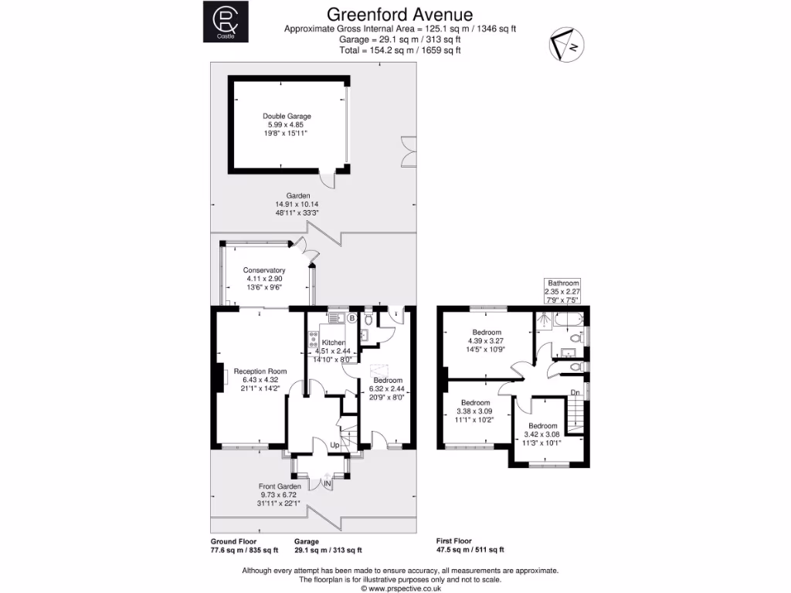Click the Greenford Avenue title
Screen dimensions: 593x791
coord(399,14)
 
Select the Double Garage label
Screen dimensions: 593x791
coord(287,116)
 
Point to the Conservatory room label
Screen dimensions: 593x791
coord(265,270)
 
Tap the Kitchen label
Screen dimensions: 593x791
coord(334,342)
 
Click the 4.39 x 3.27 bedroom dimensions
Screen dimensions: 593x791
coord(487,341)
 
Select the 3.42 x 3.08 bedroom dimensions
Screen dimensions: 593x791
coord(543,435)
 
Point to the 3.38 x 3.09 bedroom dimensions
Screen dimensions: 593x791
coord(476,412)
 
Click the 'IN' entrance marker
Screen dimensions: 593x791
coord(328,483)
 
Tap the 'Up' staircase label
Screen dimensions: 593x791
coord(334,446)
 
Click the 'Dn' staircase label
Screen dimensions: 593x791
coord(575,392)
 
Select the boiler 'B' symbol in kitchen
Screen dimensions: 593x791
coord(351,317)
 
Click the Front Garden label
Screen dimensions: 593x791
coord(279,486)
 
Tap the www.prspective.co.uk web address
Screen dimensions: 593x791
coord(399,588)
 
